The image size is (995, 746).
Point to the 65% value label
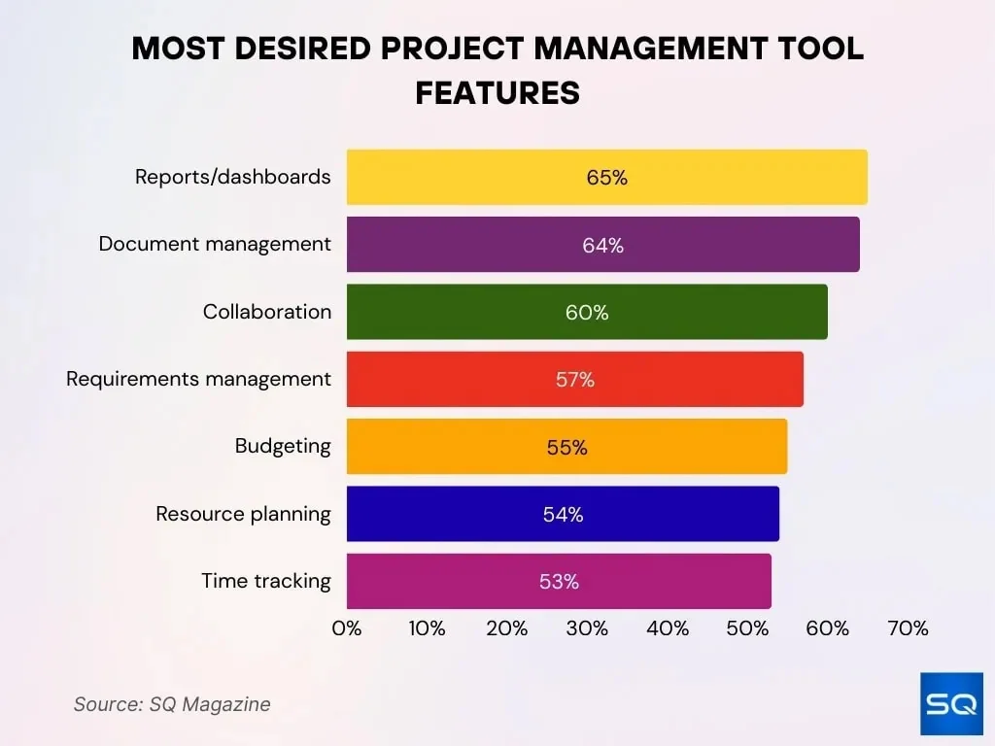(607, 178)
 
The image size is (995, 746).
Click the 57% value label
(574, 380)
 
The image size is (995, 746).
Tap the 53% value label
(559, 582)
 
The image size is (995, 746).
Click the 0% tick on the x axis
(347, 628)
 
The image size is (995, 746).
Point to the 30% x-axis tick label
(587, 628)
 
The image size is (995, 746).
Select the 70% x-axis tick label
(908, 628)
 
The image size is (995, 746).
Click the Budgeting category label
(283, 446)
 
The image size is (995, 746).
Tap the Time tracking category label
(266, 581)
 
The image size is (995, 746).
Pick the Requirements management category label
(198, 379)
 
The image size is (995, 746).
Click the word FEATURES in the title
(497, 92)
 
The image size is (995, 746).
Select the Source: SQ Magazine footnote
(172, 704)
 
